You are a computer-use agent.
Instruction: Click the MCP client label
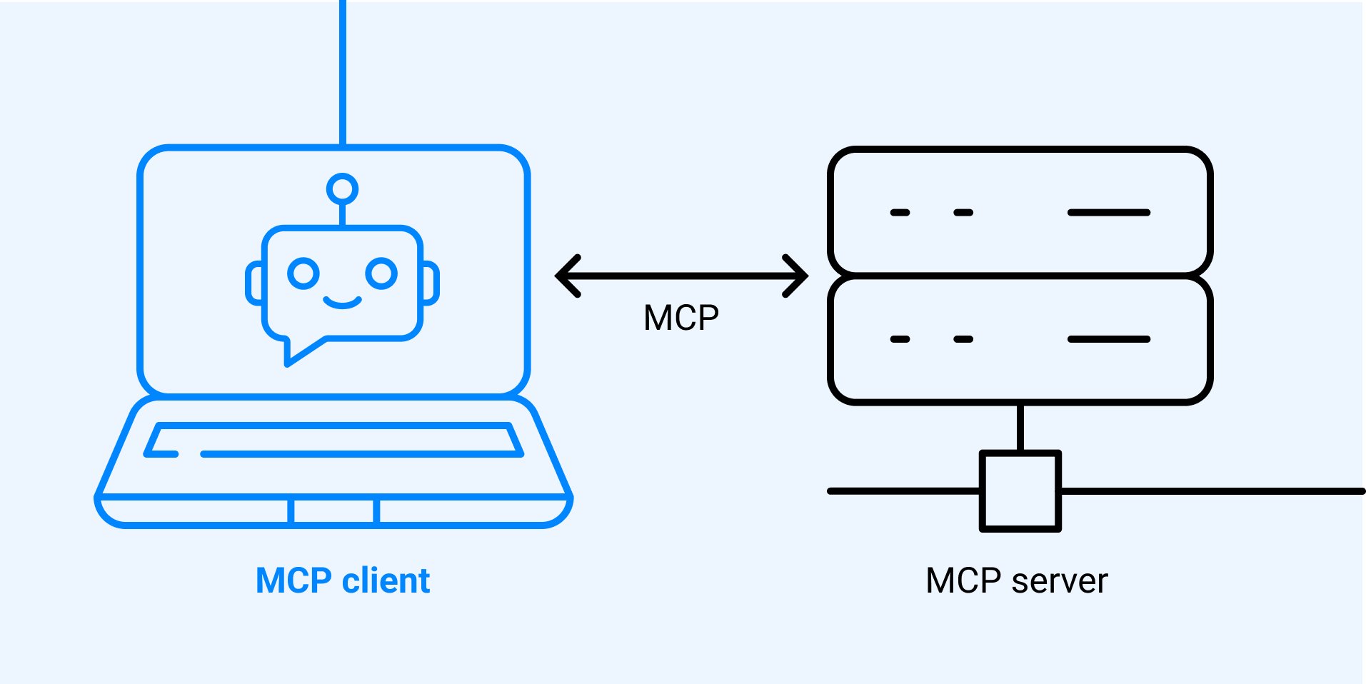tap(343, 580)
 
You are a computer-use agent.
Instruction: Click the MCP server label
tap(1016, 580)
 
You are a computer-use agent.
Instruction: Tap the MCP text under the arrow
tap(681, 318)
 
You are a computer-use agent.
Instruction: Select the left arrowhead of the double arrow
tap(568, 276)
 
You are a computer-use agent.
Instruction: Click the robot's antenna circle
tap(342, 189)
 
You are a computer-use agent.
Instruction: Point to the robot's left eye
tap(303, 273)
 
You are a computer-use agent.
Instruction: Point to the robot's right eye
tap(381, 273)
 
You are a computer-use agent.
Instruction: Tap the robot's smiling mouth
tap(342, 303)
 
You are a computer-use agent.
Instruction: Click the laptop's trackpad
tap(333, 511)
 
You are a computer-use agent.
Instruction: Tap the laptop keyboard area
tap(333, 440)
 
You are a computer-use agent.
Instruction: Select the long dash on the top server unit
tap(1108, 213)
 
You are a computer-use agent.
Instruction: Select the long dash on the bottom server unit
tap(1108, 339)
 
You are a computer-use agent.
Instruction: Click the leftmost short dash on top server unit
tap(900, 213)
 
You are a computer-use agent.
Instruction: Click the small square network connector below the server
tap(1020, 491)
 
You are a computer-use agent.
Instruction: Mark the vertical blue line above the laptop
tap(343, 71)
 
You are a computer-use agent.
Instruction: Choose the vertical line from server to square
tap(1020, 428)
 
